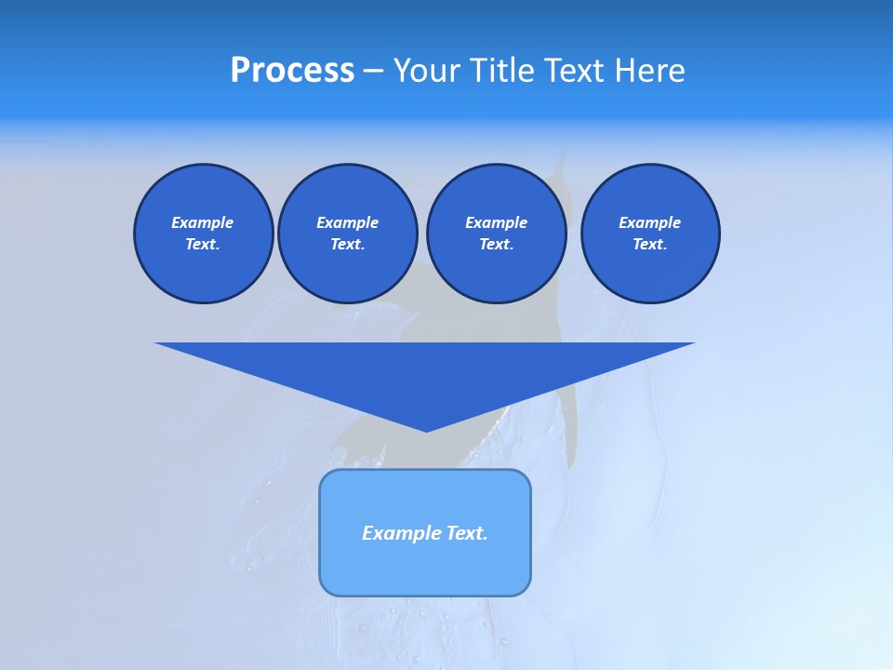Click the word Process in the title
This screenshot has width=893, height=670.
tap(292, 71)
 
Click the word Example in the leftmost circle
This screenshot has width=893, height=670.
tap(203, 222)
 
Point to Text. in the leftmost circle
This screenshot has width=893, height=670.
tap(203, 245)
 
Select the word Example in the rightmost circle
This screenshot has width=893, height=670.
tap(649, 222)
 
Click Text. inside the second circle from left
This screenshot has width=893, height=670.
tap(347, 245)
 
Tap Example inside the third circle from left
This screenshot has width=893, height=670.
tap(496, 222)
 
